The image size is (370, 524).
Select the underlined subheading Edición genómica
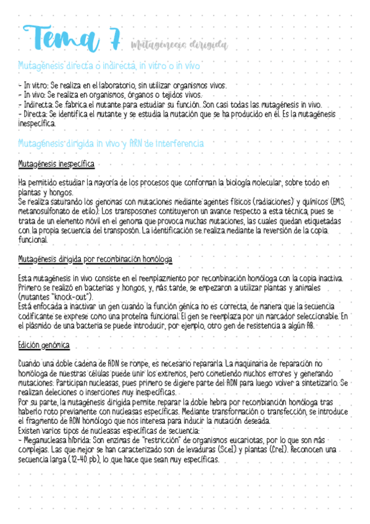(44, 345)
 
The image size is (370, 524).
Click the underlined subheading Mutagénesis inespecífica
(56, 164)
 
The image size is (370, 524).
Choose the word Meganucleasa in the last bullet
(49, 441)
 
